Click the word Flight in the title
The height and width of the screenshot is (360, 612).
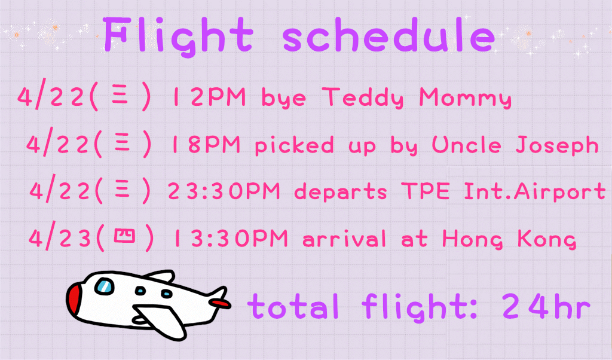point(179,36)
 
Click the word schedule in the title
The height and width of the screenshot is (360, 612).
point(388,35)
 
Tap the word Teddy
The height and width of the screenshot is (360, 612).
point(363,97)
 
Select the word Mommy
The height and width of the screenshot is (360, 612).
point(465,97)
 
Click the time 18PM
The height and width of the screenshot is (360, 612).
point(206,145)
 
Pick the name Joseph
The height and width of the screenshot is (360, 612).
point(557,145)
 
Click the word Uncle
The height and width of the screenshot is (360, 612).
point(466,145)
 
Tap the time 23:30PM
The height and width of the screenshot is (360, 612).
point(224,191)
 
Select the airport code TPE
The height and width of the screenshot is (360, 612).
point(426,191)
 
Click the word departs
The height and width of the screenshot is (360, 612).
point(340,192)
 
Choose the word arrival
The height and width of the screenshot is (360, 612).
point(344,238)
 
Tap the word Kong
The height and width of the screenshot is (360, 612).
point(547,239)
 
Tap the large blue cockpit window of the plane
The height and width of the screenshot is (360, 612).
point(104,286)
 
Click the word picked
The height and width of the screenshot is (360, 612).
point(294,145)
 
